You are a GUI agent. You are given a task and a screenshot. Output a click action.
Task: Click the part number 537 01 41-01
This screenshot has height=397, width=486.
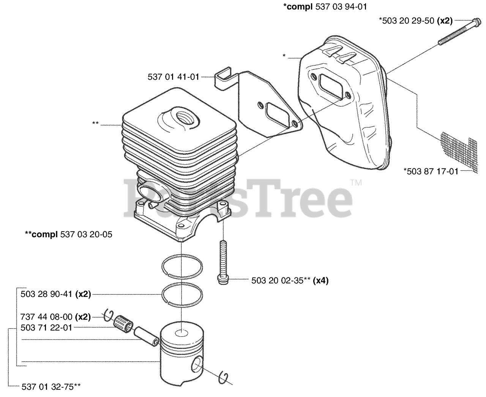(x=173, y=77)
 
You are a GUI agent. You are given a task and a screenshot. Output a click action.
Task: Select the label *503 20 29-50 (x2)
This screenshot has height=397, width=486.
(x=415, y=21)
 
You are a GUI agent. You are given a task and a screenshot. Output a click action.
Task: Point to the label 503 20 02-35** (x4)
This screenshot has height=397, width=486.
(x=290, y=281)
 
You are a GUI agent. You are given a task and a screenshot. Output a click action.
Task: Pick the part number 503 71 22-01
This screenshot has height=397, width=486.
(x=47, y=328)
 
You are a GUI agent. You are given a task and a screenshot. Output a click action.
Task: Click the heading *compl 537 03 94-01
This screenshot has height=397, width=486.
(x=325, y=6)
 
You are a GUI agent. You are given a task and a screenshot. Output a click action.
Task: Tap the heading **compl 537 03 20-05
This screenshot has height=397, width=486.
(x=68, y=234)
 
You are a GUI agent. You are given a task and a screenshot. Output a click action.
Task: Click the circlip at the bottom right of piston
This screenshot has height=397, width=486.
(x=225, y=379)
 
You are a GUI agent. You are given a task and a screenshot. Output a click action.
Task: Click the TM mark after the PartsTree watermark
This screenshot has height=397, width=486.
(x=356, y=183)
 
